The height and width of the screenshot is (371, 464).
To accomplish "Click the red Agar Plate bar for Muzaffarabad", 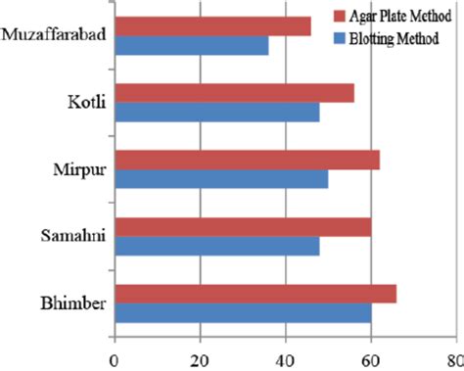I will [212, 26].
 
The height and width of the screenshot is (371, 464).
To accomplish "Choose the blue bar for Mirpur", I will [221, 180].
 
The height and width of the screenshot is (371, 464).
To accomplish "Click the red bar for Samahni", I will [243, 226].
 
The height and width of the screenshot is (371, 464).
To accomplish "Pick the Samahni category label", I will [73, 235].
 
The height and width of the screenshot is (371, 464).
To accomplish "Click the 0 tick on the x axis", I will [115, 356].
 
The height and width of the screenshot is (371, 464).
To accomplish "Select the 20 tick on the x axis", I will [200, 356].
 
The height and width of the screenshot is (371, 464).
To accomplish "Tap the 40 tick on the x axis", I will [285, 356].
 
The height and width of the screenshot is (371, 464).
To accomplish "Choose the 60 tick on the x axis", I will [370, 356].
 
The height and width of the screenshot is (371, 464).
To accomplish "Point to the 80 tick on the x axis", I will [453, 356].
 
